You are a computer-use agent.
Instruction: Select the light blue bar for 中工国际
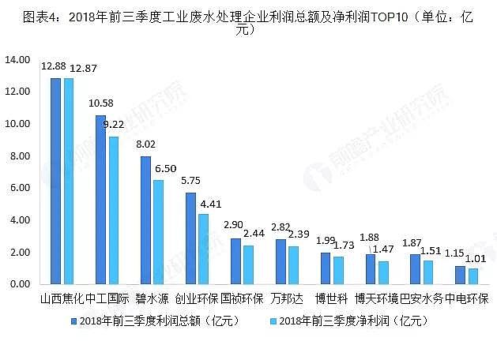coord(114,210)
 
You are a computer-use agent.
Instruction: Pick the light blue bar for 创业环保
coord(204,248)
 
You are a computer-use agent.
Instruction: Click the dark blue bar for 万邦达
coord(281,261)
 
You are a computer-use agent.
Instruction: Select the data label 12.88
coord(55,67)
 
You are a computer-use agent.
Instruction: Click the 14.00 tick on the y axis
coord(17,60)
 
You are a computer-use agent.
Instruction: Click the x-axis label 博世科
coord(331,300)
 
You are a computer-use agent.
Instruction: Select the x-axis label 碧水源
coord(150,300)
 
